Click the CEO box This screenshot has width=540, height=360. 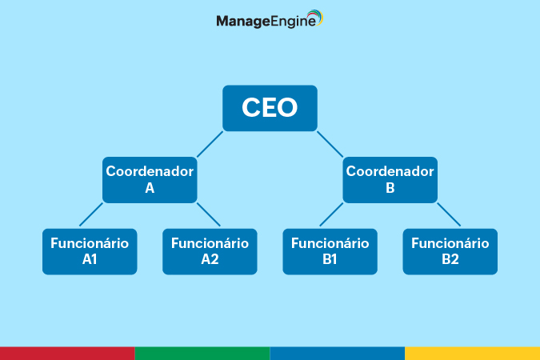click(270, 108)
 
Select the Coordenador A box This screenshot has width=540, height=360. click(150, 180)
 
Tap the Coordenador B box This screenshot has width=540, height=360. click(390, 180)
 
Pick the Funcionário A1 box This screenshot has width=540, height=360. click(90, 251)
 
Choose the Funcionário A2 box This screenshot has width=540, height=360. click(210, 251)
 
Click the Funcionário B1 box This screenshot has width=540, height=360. click(330, 251)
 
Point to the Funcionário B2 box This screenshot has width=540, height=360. click(450, 251)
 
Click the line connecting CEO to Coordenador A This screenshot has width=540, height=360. click(210, 144)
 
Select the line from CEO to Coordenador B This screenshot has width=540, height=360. click(330, 144)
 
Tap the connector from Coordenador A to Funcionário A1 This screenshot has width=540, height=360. click(91, 214)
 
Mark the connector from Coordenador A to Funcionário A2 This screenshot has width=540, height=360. click(208, 214)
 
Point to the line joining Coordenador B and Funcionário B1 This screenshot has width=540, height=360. click(331, 214)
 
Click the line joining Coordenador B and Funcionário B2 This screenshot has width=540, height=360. click(449, 214)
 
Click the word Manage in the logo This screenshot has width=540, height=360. click(243, 22)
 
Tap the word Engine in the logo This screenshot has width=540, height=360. click(293, 22)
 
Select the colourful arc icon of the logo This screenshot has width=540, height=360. click(316, 16)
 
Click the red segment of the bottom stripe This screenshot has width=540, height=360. click(67, 354)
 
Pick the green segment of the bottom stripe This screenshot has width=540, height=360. click(202, 354)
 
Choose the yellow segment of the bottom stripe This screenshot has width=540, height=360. click(473, 354)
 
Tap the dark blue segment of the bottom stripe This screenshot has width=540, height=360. click(338, 354)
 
